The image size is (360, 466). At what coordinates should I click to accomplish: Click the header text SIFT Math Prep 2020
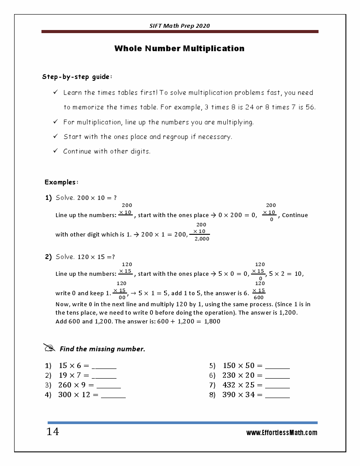point(180,26)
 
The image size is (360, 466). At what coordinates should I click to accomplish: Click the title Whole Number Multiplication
point(179,49)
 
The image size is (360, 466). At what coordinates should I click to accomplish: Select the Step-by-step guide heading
point(77,77)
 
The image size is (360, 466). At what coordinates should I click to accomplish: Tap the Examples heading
point(61,182)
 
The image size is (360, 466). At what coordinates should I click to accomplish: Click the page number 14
point(52,432)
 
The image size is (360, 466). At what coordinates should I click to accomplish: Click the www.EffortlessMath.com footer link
point(281,433)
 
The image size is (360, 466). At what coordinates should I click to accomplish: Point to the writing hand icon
point(49,348)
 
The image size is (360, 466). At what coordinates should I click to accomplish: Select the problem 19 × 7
point(74,376)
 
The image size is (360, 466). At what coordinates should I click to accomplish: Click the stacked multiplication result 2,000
point(202,239)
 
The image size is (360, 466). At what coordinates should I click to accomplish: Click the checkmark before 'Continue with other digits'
point(56,151)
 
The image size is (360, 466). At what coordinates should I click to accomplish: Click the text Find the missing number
point(102,349)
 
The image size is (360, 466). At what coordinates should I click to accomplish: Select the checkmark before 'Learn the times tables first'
point(56,92)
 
